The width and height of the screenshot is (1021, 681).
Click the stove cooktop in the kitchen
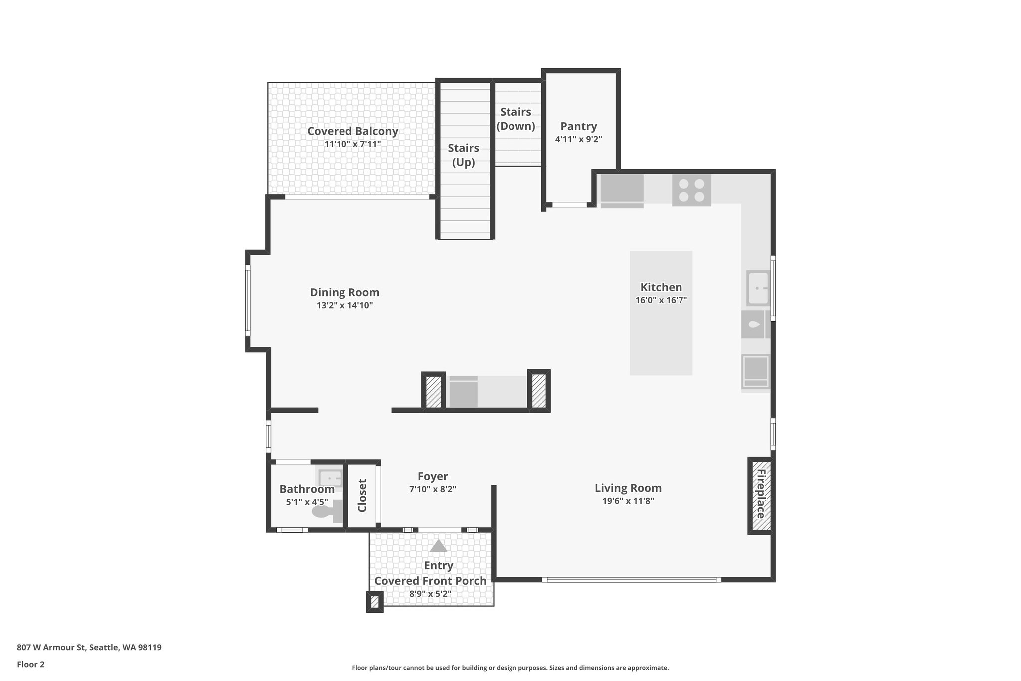coord(691,190)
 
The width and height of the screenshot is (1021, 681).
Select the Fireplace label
coord(760,494)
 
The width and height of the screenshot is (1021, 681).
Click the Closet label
coord(362,495)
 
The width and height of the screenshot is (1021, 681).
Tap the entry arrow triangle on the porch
coord(438,546)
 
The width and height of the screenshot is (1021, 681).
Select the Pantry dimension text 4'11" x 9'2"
coord(578,139)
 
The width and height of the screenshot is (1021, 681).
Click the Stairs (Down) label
coord(515,119)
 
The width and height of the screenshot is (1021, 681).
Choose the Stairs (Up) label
coord(463,155)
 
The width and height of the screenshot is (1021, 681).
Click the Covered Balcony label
coord(352,131)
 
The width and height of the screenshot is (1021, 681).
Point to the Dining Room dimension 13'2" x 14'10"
coord(344,305)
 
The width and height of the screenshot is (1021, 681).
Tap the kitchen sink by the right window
coord(758,288)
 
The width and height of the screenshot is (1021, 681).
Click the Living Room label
coord(628,488)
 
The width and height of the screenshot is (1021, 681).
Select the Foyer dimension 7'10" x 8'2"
coord(433,490)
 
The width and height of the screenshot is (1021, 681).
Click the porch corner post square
coord(375,602)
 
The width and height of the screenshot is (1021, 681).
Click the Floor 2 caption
coord(31,664)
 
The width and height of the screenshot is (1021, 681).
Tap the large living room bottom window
coord(631,580)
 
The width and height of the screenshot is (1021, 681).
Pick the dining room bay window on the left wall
coord(247,300)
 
